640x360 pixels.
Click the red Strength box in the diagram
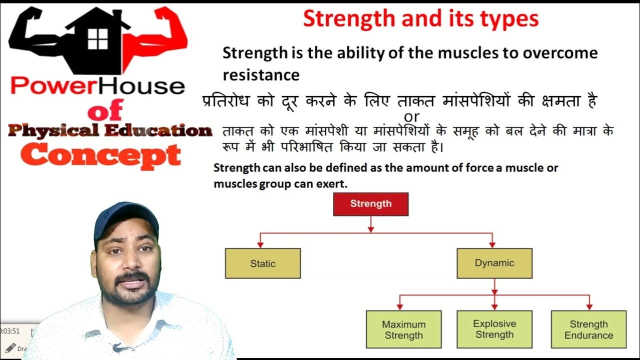(370, 204)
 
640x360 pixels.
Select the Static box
(262, 263)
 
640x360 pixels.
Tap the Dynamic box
(494, 263)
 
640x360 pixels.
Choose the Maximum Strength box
(403, 329)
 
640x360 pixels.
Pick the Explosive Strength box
(494, 329)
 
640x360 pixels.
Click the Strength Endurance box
(588, 329)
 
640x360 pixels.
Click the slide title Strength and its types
(420, 19)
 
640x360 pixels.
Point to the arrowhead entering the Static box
(260, 244)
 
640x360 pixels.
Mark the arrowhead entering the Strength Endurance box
(589, 306)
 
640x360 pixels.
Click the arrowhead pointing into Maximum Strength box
(399, 306)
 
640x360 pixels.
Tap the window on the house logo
(97, 38)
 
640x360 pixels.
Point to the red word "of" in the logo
(105, 110)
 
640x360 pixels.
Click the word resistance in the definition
(260, 75)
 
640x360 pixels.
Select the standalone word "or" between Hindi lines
(411, 117)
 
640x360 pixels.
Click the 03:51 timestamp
(10, 331)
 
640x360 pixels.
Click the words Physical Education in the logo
(110, 131)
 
